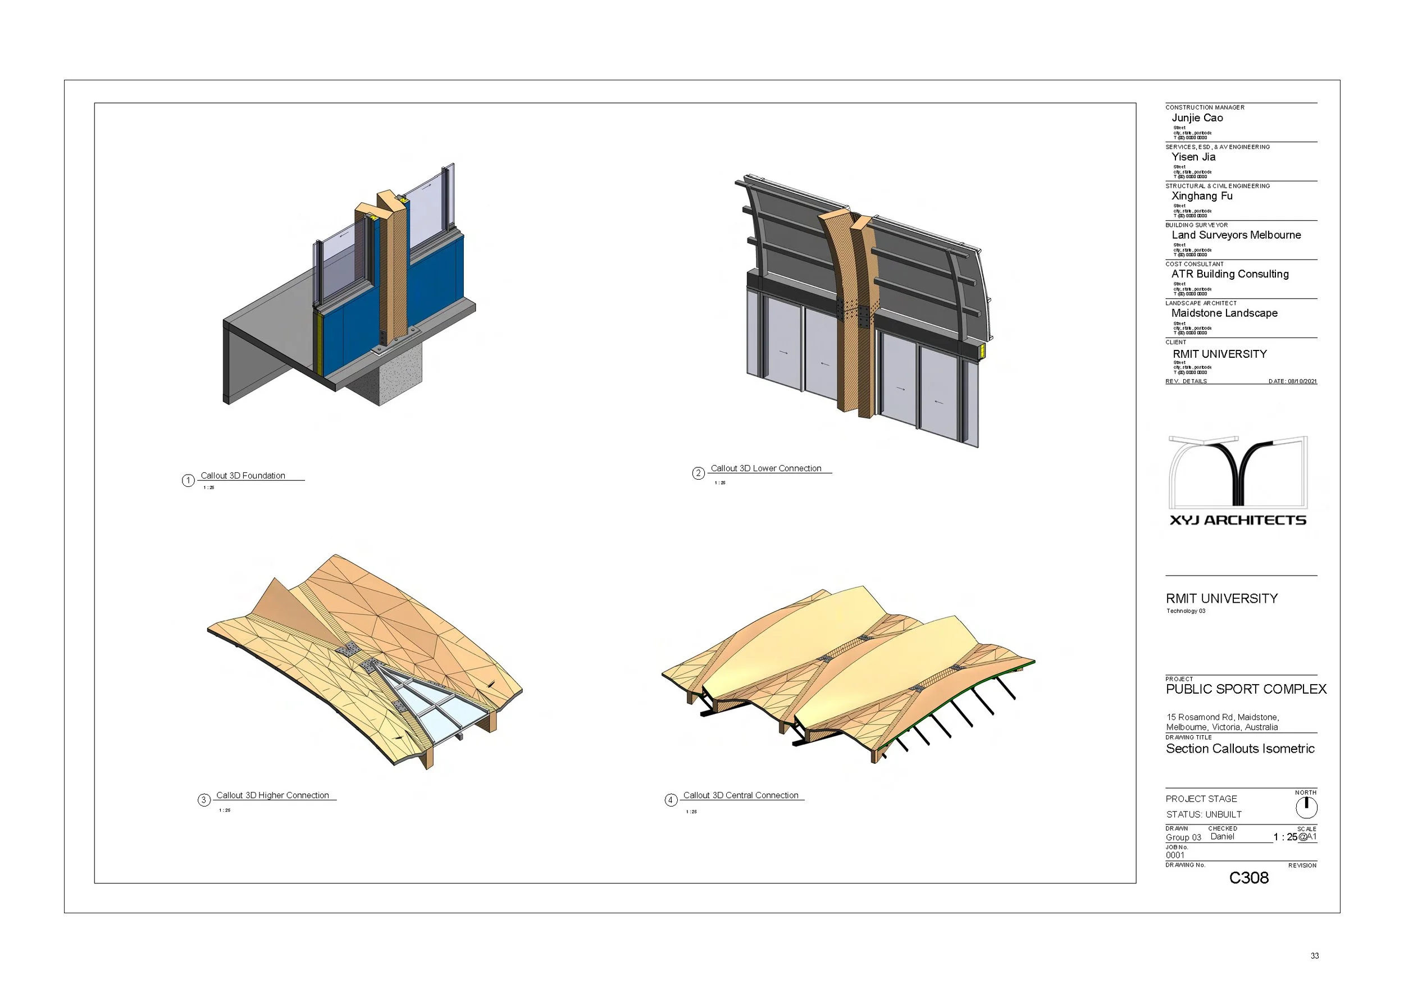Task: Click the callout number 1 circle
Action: click(x=188, y=481)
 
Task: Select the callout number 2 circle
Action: click(x=698, y=473)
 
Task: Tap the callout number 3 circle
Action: click(x=204, y=800)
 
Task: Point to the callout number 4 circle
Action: click(x=671, y=800)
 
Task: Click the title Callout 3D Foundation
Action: click(x=243, y=476)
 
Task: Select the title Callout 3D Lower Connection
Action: click(x=765, y=468)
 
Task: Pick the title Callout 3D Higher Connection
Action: click(x=272, y=795)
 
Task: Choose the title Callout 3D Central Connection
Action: click(x=741, y=795)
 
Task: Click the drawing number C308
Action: click(x=1248, y=878)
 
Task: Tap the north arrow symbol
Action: click(x=1306, y=808)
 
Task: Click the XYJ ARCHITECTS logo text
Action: click(x=1238, y=520)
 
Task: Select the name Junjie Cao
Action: click(x=1197, y=118)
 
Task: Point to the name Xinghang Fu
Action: click(x=1202, y=196)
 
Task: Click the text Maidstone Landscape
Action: click(x=1224, y=313)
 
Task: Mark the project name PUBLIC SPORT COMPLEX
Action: click(x=1246, y=689)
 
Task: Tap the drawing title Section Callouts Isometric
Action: click(x=1239, y=749)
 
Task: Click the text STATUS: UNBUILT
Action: click(x=1204, y=814)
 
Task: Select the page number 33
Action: click(x=1315, y=956)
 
